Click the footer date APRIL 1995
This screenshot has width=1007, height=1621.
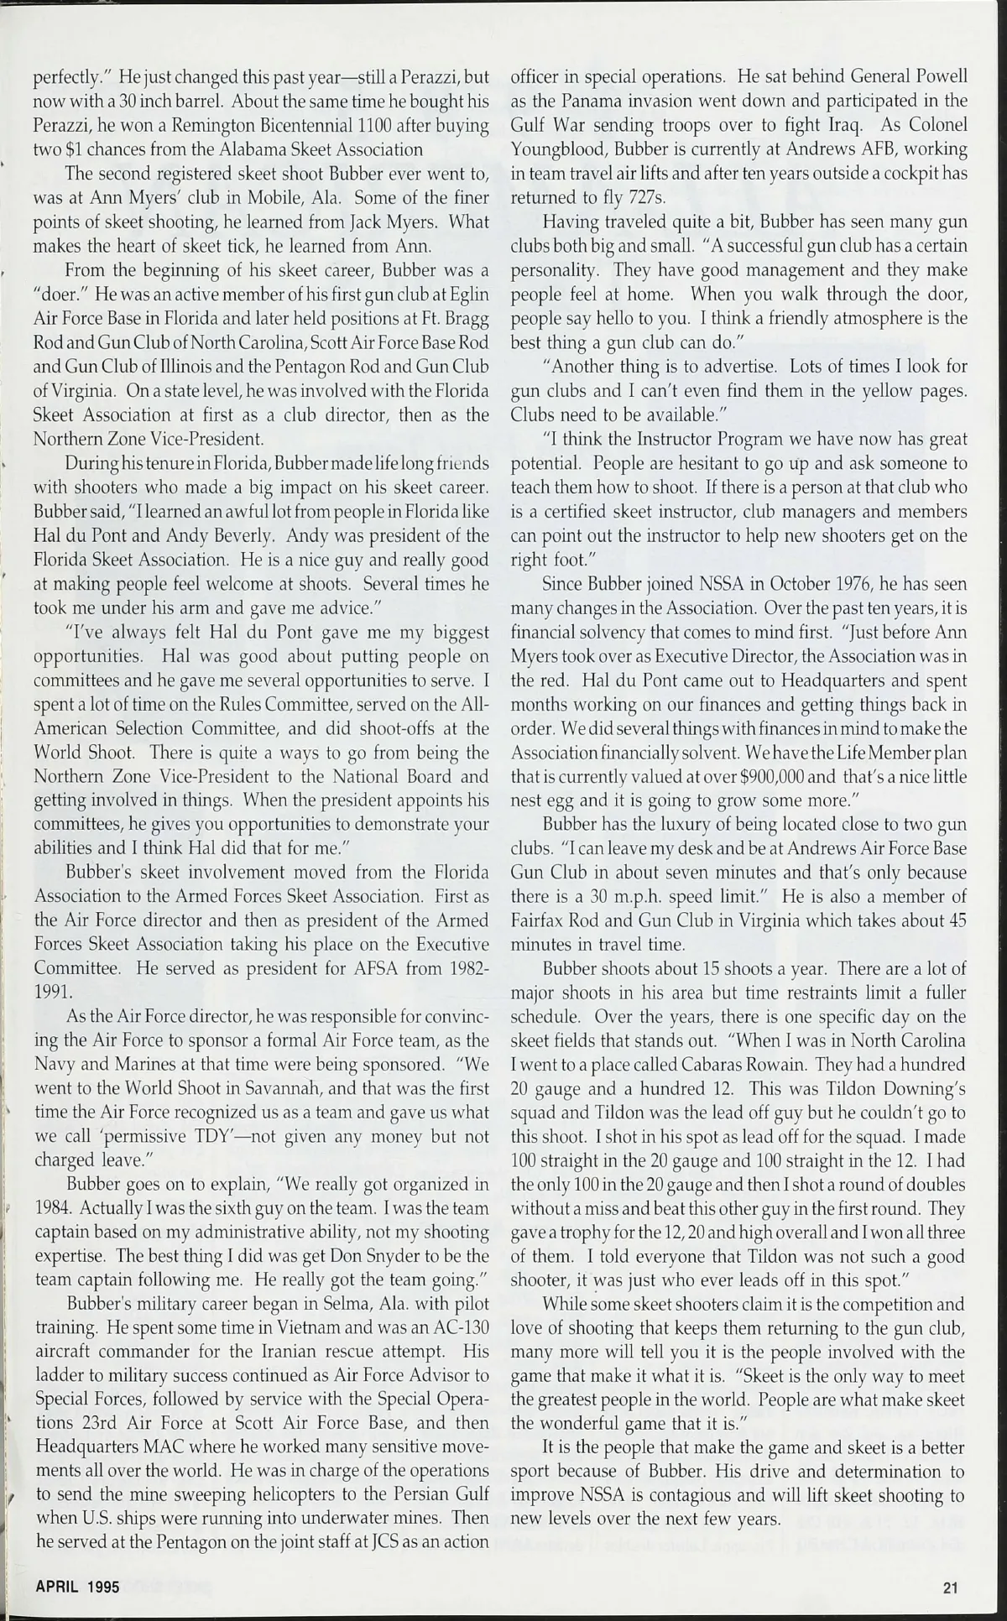point(76,1587)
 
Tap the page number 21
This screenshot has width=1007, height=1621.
point(951,1587)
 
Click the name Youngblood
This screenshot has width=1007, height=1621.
point(558,149)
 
